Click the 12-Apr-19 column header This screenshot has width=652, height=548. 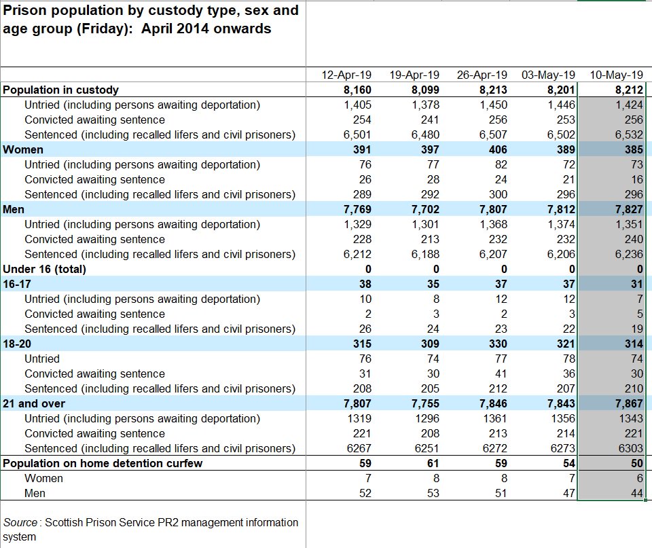pos(346,75)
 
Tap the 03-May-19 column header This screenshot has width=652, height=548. pos(549,75)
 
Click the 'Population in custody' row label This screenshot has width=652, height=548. pos(61,90)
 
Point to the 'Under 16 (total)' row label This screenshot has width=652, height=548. pos(45,269)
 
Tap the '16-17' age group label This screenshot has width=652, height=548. pos(17,284)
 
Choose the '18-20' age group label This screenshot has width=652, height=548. pos(17,344)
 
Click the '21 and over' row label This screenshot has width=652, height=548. pos(35,403)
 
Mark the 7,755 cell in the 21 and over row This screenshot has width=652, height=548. pos(425,403)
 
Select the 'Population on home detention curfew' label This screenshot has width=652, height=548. pos(103,463)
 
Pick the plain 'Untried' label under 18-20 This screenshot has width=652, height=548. pos(42,359)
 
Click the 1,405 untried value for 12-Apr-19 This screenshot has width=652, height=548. pos(357,105)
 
